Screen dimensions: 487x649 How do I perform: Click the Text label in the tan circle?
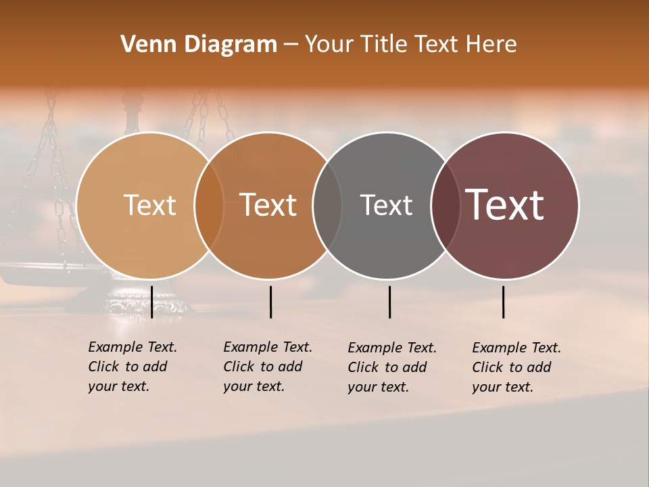(149, 205)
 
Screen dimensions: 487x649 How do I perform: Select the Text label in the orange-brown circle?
(268, 205)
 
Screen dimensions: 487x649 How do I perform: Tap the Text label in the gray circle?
(386, 205)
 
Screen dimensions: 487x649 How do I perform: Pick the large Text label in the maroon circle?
(505, 205)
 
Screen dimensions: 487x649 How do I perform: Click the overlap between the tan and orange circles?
(209, 205)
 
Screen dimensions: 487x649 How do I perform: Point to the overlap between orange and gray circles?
(327, 205)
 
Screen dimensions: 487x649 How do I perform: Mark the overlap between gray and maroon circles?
(445, 205)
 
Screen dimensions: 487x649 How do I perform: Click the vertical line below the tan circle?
(152, 302)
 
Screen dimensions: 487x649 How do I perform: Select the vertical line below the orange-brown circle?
(270, 302)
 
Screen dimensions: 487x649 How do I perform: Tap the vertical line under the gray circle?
(389, 302)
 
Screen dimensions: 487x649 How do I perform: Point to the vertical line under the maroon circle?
(504, 302)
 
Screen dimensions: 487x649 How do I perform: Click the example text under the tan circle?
(132, 367)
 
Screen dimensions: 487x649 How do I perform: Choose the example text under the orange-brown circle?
(267, 367)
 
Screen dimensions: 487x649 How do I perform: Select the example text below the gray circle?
(391, 367)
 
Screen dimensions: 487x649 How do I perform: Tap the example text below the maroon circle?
(516, 367)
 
